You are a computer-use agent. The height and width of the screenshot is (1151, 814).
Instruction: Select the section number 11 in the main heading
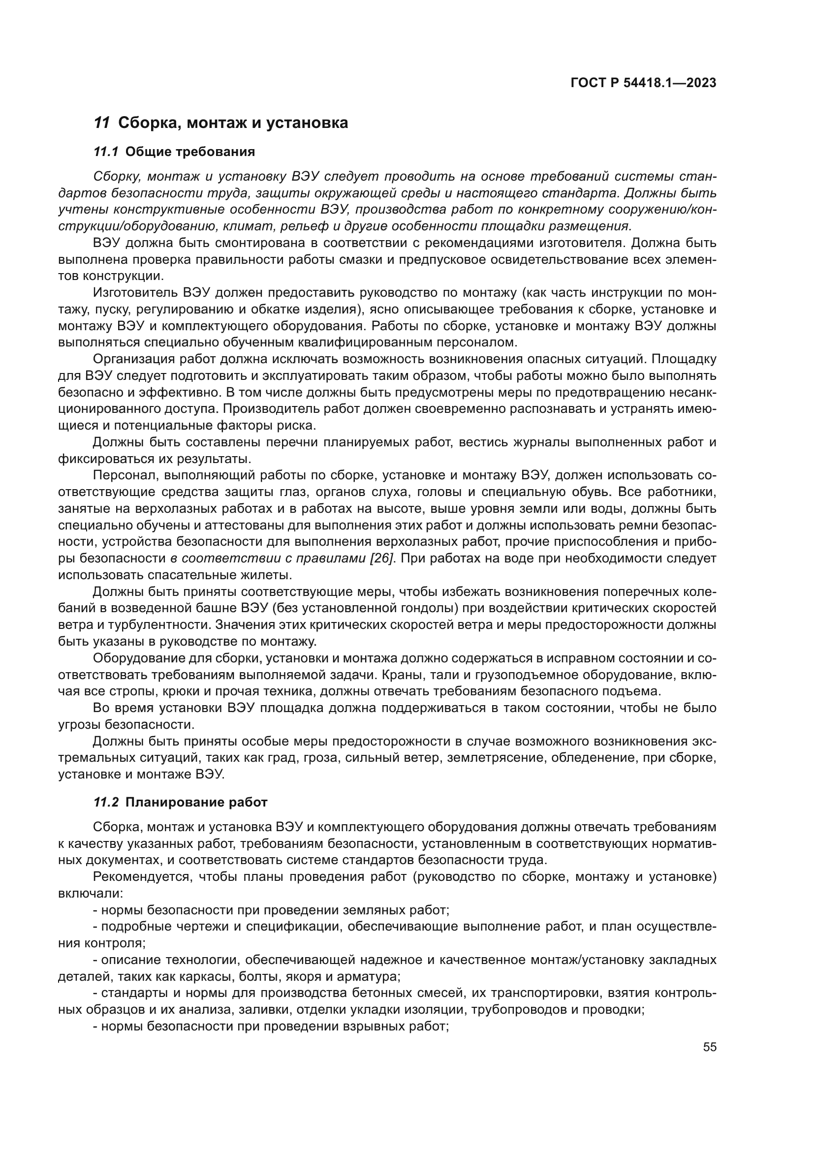(x=102, y=123)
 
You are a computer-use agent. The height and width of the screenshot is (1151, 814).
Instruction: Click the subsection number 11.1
(x=106, y=152)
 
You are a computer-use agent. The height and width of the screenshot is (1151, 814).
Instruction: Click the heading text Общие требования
(x=190, y=152)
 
